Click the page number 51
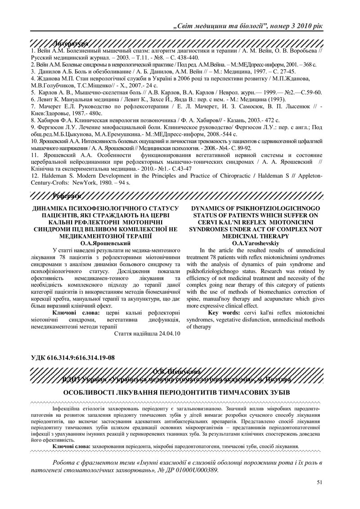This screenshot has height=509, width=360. (x=319, y=482)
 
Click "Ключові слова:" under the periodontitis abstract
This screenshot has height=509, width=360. (x=71, y=446)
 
